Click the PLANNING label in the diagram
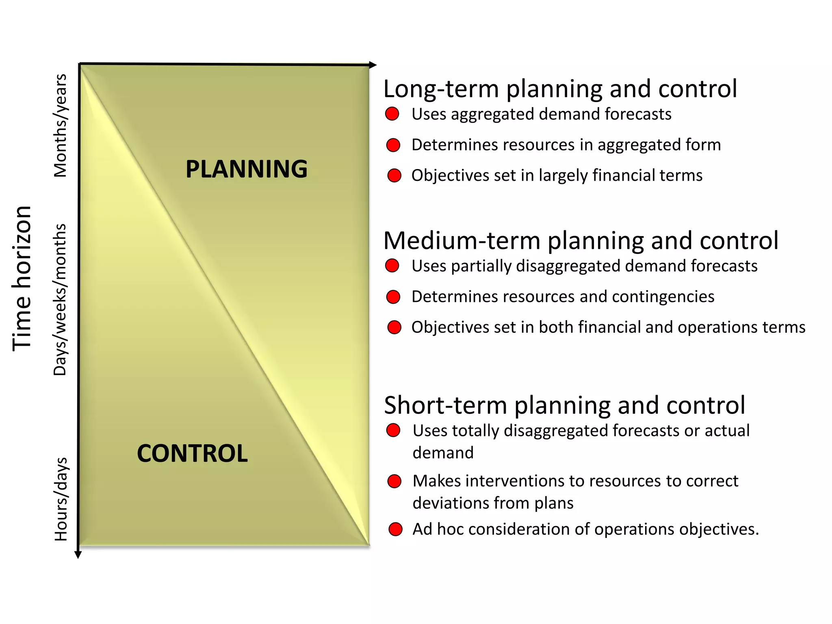coord(247,169)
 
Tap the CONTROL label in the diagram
coord(192,453)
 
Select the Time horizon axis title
coord(22,278)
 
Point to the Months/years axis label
coord(61,126)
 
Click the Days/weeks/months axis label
coord(61,299)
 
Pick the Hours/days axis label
coord(61,499)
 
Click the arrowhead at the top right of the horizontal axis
coord(373,65)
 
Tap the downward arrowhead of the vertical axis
coord(78,555)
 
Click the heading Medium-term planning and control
coord(581,240)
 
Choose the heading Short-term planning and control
coord(565,405)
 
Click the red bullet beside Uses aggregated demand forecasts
coord(392,114)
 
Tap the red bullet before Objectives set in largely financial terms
coord(394,175)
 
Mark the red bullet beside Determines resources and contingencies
coord(393,297)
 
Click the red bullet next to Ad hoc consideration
coord(395,529)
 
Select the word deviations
coord(450,503)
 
